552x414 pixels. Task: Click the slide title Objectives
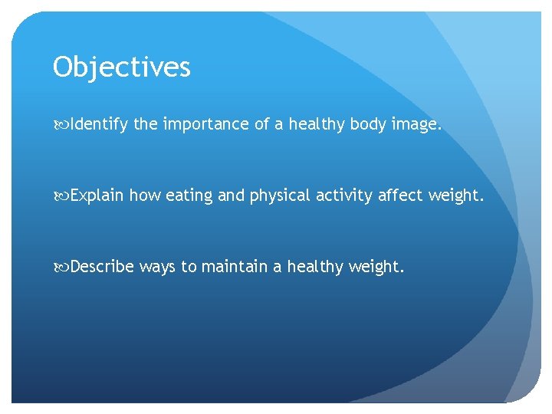(x=121, y=68)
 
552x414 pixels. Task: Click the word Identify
(x=100, y=125)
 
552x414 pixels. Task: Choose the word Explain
(x=97, y=195)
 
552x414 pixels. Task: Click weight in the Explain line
(x=457, y=195)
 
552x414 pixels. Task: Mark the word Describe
(x=102, y=266)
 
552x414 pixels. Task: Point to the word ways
(x=157, y=268)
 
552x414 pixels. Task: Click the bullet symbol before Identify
(x=61, y=125)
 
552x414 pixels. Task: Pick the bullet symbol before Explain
(x=61, y=195)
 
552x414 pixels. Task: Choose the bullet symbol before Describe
(x=61, y=267)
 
